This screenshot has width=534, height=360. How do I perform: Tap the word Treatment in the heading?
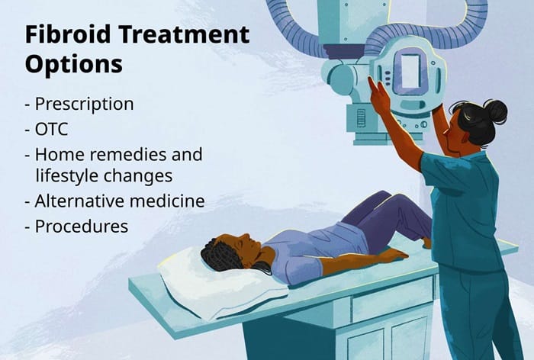tap(179, 35)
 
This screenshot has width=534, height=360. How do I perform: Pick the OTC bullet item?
tap(52, 129)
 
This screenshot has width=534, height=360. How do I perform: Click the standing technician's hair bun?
tap(496, 111)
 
